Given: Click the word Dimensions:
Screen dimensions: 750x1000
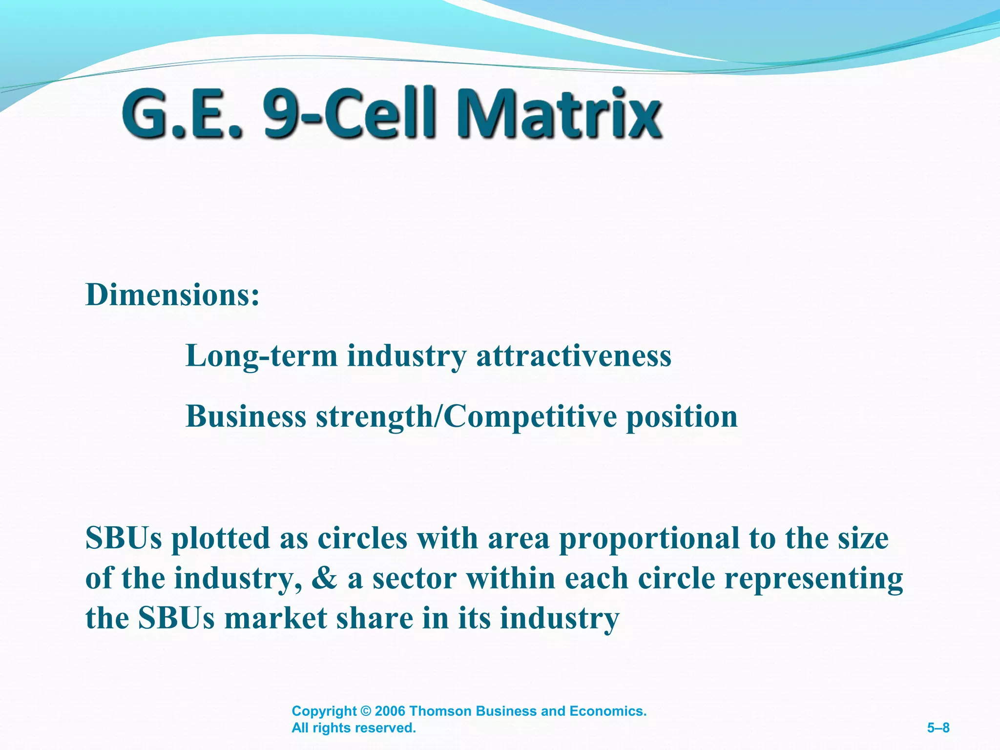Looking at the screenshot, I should click(x=172, y=295).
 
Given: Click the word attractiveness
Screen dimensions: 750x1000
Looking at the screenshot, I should click(x=573, y=356).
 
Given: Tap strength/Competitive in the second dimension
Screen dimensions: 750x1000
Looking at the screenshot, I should click(x=466, y=417).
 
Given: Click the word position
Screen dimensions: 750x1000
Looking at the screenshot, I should click(x=682, y=417).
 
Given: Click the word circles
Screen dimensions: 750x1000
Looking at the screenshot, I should click(x=362, y=538).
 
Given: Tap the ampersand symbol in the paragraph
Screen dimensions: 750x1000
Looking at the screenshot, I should click(x=324, y=579).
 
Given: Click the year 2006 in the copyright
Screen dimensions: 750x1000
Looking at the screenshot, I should click(x=390, y=711).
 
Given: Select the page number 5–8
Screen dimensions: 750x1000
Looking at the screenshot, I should click(x=938, y=728).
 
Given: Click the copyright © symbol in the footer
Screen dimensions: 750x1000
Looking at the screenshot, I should click(x=366, y=711).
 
